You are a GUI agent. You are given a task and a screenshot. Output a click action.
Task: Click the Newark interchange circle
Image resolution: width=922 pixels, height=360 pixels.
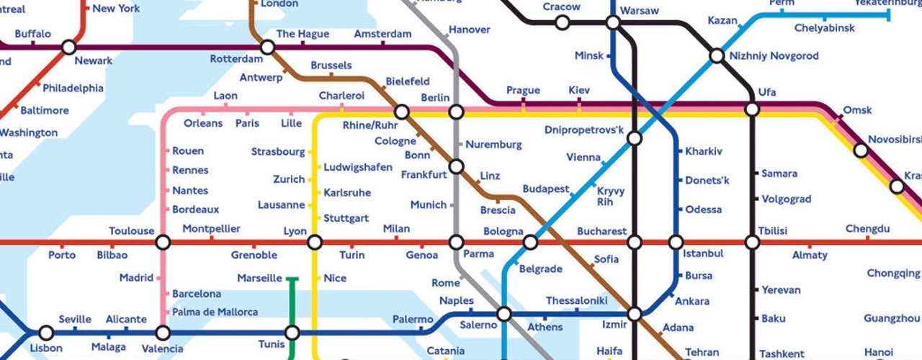pyautogui.click(x=68, y=48)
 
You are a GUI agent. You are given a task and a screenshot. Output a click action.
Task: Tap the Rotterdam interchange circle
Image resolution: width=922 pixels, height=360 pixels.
pyautogui.click(x=267, y=48)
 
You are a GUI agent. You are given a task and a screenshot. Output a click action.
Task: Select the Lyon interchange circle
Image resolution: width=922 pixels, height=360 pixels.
pyautogui.click(x=314, y=243)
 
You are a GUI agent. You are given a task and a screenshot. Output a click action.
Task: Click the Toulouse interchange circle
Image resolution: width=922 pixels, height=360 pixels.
pyautogui.click(x=163, y=243)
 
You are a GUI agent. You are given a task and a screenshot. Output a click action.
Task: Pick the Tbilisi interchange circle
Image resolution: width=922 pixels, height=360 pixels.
pyautogui.click(x=752, y=243)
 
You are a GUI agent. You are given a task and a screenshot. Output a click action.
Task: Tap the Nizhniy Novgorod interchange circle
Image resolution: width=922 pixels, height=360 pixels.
pyautogui.click(x=716, y=55)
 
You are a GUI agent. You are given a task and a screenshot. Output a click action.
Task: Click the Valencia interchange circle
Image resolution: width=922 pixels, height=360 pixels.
pyautogui.click(x=163, y=333)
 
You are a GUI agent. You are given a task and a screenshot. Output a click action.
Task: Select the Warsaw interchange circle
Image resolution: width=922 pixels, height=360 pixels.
pyautogui.click(x=612, y=23)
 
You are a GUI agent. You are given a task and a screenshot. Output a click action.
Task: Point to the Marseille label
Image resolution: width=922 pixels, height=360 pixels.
pyautogui.click(x=259, y=279)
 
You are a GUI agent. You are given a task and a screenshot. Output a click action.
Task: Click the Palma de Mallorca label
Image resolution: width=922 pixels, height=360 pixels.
pyautogui.click(x=215, y=312)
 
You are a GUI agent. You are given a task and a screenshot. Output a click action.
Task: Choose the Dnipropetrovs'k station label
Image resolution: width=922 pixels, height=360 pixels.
pyautogui.click(x=583, y=130)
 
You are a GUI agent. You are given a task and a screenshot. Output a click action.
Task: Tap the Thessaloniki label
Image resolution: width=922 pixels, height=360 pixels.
pyautogui.click(x=577, y=300)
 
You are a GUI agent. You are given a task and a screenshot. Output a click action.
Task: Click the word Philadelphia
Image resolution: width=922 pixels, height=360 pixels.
pyautogui.click(x=73, y=89)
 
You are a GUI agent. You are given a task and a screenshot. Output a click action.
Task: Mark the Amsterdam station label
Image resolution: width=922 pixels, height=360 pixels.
pyautogui.click(x=382, y=34)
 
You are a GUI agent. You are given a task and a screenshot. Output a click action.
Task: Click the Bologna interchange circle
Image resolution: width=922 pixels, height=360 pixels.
pyautogui.click(x=530, y=243)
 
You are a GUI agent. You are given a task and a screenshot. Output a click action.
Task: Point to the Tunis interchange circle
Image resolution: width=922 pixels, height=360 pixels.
pyautogui.click(x=292, y=333)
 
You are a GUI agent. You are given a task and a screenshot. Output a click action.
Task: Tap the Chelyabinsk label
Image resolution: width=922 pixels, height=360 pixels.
pyautogui.click(x=824, y=28)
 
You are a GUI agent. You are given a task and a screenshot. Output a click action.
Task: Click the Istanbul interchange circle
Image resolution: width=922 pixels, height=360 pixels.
pyautogui.click(x=676, y=243)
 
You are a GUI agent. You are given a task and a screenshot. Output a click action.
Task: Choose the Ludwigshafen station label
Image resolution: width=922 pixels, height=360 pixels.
pyautogui.click(x=358, y=167)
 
